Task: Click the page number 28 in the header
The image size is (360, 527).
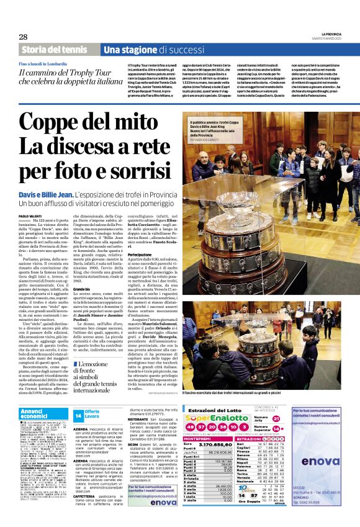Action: pos(24,37)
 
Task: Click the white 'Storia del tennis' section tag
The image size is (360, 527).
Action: pos(55,49)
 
